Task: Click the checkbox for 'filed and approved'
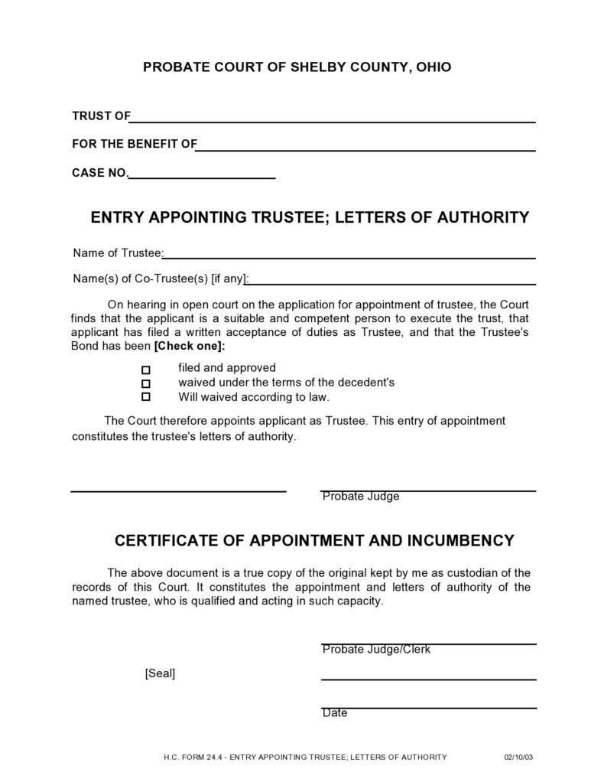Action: tap(146, 370)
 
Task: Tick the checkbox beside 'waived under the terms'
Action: tap(146, 383)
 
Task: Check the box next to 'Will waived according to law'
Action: tap(146, 397)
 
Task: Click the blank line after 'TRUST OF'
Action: tap(333, 120)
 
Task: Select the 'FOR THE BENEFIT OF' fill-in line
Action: tap(365, 149)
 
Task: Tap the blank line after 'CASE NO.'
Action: tap(202, 177)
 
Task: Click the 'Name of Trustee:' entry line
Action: tap(349, 257)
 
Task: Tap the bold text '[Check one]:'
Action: tap(190, 346)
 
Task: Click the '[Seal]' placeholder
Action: tap(160, 674)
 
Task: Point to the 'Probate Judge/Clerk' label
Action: tap(376, 650)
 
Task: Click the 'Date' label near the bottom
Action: tap(335, 713)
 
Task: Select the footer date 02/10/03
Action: tap(518, 758)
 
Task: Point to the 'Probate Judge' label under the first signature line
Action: tap(361, 497)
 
